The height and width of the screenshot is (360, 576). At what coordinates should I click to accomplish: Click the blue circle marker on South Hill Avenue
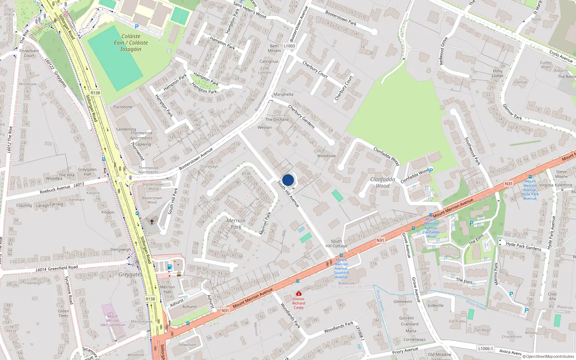[x=288, y=180]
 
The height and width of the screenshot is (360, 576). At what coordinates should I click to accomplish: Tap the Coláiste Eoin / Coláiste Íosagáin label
[x=131, y=42]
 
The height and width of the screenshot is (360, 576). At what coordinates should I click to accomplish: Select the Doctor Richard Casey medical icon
[x=298, y=294]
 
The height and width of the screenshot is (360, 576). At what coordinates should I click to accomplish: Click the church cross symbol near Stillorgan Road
[x=152, y=221]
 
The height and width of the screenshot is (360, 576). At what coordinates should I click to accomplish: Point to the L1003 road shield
[x=289, y=46]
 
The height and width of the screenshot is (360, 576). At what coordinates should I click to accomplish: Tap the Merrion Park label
[x=236, y=224]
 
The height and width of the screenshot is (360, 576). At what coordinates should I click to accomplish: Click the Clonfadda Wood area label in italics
[x=382, y=183]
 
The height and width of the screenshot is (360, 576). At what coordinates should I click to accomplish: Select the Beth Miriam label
[x=274, y=48]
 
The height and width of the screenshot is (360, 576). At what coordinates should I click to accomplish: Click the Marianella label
[x=283, y=94]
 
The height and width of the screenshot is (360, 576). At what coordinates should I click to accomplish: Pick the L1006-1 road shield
[x=485, y=348]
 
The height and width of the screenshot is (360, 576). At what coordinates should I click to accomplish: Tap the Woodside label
[x=326, y=156]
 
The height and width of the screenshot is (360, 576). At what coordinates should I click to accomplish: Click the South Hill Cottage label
[x=336, y=244]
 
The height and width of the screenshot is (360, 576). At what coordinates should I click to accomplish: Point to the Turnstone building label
[x=123, y=107]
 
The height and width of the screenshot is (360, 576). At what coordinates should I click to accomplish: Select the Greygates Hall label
[x=87, y=172]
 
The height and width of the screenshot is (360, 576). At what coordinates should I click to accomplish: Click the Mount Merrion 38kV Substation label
[x=113, y=320]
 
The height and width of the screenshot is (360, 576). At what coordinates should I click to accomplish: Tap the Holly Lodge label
[x=498, y=73]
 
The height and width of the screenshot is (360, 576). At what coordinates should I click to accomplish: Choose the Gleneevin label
[x=402, y=302]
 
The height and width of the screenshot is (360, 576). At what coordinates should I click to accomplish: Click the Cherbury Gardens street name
[x=301, y=116]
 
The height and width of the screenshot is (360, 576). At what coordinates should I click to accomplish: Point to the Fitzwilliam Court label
[x=29, y=53]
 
